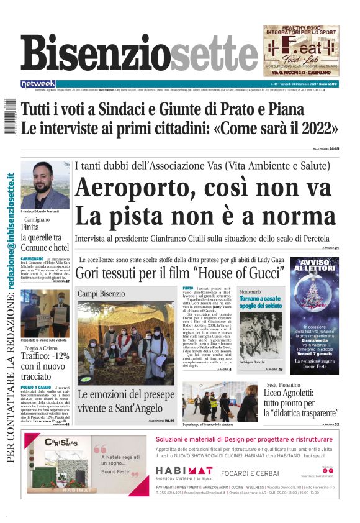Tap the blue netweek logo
[x=38, y=83]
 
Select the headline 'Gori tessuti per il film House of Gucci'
[x=180, y=272]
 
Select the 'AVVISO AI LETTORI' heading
[x=315, y=266]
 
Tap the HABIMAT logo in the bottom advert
[x=184, y=471]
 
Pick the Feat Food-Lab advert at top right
[x=301, y=50]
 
